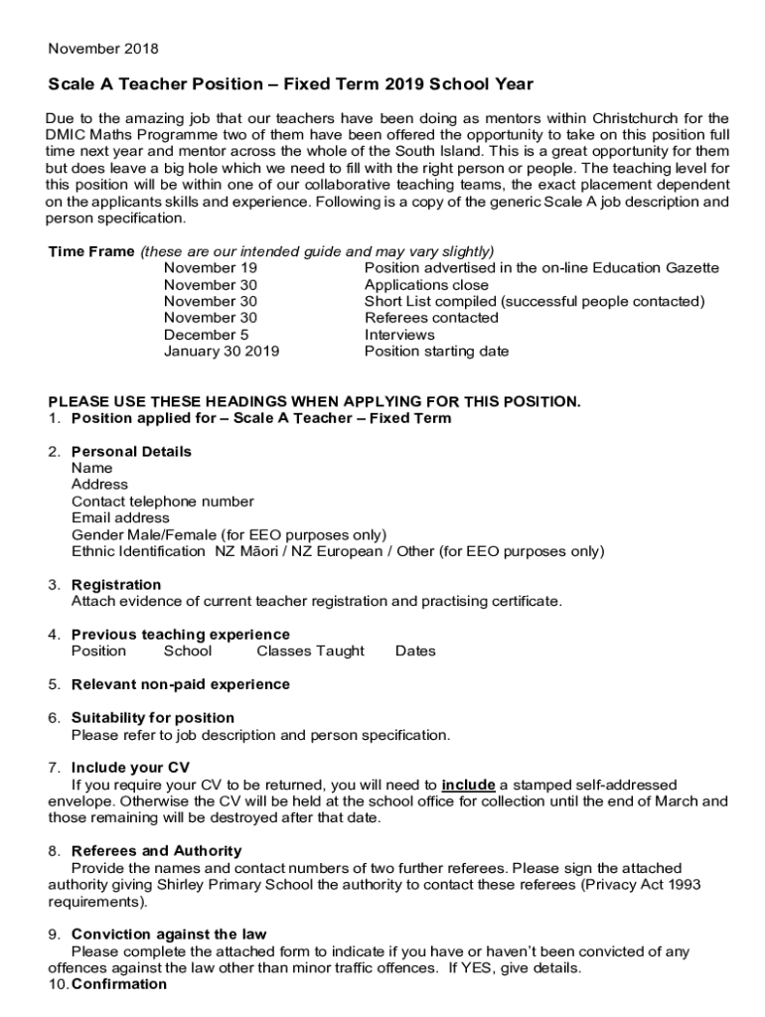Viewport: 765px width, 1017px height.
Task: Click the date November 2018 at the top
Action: pyautogui.click(x=103, y=49)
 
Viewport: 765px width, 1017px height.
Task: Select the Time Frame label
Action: pyautogui.click(x=91, y=251)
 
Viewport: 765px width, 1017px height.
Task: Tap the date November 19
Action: pyautogui.click(x=211, y=268)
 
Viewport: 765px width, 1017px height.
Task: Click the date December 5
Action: pyautogui.click(x=206, y=335)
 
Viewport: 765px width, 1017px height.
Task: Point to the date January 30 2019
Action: pyautogui.click(x=222, y=352)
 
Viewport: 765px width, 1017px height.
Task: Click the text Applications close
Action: pyautogui.click(x=426, y=285)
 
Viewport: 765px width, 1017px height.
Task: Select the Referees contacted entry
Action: pyautogui.click(x=431, y=318)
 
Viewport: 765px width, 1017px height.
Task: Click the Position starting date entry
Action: pyautogui.click(x=436, y=352)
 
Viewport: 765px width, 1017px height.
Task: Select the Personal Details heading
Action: pyautogui.click(x=131, y=452)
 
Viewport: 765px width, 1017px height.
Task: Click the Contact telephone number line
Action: pyautogui.click(x=162, y=502)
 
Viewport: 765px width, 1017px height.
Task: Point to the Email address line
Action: pyautogui.click(x=120, y=518)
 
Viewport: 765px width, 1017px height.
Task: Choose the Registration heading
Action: pyautogui.click(x=116, y=585)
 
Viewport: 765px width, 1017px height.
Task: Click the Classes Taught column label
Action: pyautogui.click(x=310, y=652)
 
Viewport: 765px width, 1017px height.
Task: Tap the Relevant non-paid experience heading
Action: pyautogui.click(x=181, y=684)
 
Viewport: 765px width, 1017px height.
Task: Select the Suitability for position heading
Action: pyautogui.click(x=153, y=718)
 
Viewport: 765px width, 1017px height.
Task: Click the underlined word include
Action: pyautogui.click(x=468, y=785)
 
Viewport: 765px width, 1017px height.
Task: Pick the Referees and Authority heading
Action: pyautogui.click(x=156, y=851)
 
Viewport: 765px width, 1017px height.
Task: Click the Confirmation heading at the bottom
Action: pyautogui.click(x=119, y=984)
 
